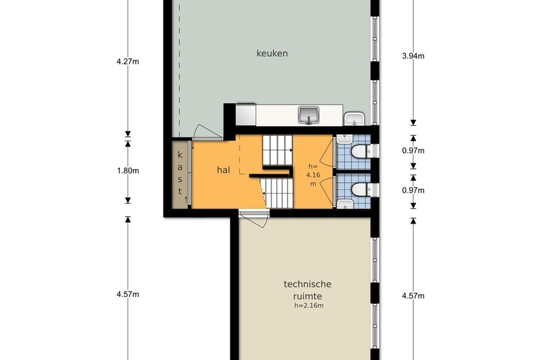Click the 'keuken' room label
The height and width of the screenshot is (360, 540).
point(272,53)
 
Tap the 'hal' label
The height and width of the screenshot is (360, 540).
point(223,170)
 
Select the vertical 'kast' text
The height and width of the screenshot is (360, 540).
point(180,172)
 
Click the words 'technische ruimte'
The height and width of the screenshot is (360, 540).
point(308,289)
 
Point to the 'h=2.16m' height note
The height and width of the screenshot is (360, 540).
point(309,305)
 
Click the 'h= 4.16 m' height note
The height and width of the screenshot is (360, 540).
point(313,174)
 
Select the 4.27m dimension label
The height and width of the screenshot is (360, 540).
point(128,62)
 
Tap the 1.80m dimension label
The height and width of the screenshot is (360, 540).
point(128,170)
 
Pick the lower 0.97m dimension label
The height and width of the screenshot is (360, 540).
point(413,190)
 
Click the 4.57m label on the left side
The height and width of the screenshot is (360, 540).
point(128,295)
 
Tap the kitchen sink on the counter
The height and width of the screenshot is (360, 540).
point(309,114)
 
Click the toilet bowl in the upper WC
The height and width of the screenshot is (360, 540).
point(360,152)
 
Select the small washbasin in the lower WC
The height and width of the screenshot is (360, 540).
point(344,204)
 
